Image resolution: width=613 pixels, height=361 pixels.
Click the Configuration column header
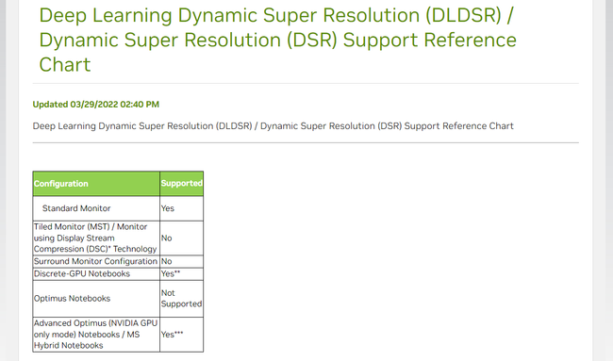pos(61,183)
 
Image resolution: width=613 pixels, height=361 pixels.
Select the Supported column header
pos(181,183)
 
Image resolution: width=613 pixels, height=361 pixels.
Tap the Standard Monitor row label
pos(76,207)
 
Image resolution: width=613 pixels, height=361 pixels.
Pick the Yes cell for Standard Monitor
pos(168,207)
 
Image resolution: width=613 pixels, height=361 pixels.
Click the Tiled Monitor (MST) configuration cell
pos(94,238)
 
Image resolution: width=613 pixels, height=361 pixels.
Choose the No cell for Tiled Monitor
pos(167,238)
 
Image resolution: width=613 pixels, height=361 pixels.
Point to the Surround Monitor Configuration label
pos(94,260)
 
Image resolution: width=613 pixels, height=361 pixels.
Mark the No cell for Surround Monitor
pos(167,260)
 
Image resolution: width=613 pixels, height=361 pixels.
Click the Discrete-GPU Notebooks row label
pos(81,273)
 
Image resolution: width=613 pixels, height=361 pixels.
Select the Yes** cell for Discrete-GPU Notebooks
pos(171,273)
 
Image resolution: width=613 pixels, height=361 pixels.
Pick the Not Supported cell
pos(181,298)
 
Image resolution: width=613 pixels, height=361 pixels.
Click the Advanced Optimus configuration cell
pos(94,334)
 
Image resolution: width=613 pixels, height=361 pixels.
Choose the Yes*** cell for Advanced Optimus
pos(173,334)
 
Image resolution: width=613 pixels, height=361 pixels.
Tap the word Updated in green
pos(50,104)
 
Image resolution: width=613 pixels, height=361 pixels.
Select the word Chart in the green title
pos(68,65)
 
